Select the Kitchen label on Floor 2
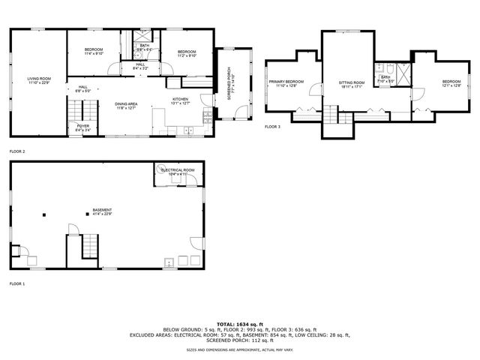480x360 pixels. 180,99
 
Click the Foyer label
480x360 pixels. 83,126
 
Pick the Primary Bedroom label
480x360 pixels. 286,81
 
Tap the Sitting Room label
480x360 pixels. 351,82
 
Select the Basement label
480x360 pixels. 102,210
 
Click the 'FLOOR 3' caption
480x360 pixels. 272,127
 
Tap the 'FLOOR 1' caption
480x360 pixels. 16,284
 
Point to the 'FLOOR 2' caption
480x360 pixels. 16,151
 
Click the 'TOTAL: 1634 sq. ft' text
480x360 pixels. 239,323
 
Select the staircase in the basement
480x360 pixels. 89,244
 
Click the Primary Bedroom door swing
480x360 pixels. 315,90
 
